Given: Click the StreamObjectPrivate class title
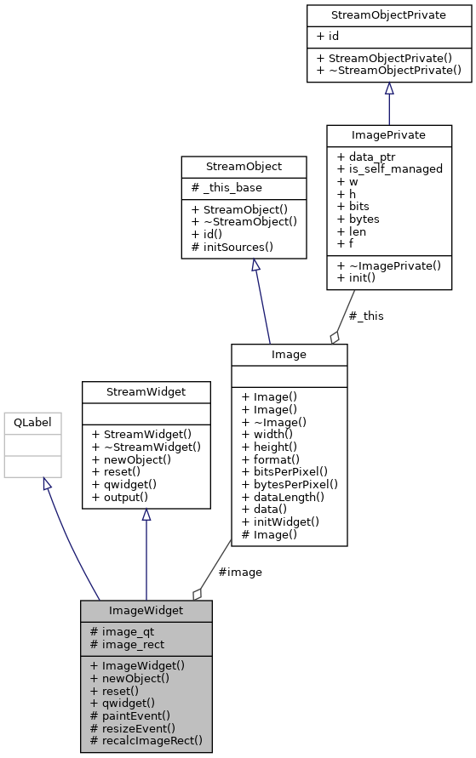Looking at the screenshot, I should tap(389, 15).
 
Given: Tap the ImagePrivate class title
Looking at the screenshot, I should tap(389, 134).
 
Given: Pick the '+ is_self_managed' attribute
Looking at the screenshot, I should tap(390, 168).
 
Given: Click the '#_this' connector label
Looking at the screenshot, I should tap(366, 316).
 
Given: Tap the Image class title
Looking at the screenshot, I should tap(289, 354).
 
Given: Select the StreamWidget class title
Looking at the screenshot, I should tap(146, 391).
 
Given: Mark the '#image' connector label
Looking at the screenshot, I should tap(240, 572).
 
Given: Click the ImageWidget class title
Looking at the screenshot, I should tap(146, 611).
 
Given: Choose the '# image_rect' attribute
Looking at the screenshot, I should tap(127, 644).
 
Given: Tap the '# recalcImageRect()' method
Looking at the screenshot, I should tap(146, 740).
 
